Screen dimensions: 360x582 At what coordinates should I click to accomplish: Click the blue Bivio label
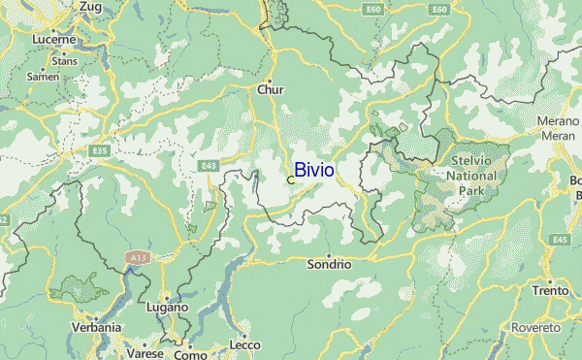coord(314,170)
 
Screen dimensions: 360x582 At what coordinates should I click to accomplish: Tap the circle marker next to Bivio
coord(291,180)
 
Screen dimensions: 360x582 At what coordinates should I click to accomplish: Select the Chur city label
coord(271,89)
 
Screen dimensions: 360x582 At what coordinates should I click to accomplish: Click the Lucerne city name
coord(53,40)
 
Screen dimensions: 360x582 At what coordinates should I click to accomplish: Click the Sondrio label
coord(328,264)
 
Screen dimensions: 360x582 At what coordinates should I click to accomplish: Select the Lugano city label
coord(167,307)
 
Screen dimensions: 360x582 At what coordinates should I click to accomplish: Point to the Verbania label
coord(97,328)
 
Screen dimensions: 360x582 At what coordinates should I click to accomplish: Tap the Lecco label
coord(245,345)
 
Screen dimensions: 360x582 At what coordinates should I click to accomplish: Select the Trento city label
coord(549,291)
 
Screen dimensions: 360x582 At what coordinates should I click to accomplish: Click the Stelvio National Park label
coord(472,176)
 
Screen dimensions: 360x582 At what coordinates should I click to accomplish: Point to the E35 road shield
coord(98,151)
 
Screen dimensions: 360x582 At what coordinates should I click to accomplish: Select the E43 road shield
coord(209,166)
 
